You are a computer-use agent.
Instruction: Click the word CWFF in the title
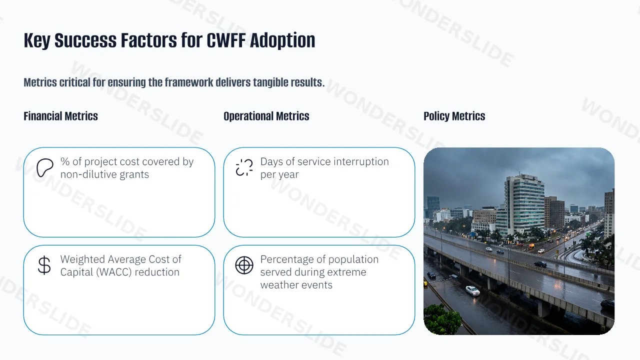click(x=226, y=40)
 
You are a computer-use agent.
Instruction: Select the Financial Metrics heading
click(x=60, y=116)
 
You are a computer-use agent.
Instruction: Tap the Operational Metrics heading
click(x=266, y=116)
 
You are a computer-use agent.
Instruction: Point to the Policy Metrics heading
click(x=454, y=116)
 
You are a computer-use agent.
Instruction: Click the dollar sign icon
click(x=44, y=265)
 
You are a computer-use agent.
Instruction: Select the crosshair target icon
click(x=244, y=265)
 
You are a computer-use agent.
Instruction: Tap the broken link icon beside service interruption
click(x=244, y=167)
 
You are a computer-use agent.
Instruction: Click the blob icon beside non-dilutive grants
click(x=45, y=167)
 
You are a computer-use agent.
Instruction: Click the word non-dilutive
click(x=88, y=174)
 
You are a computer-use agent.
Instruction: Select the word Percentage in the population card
click(x=287, y=259)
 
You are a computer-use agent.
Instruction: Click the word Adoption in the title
click(x=282, y=41)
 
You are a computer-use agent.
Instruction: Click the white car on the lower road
click(x=472, y=290)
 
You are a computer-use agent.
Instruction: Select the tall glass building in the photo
click(x=524, y=204)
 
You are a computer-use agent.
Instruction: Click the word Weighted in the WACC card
click(x=82, y=259)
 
